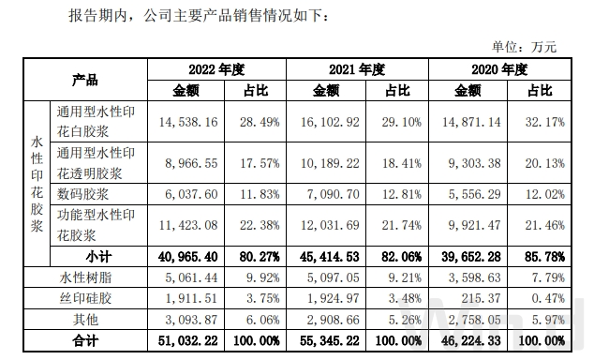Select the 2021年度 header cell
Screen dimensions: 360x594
click(357, 69)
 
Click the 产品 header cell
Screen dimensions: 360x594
click(85, 80)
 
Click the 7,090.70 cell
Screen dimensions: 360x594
click(334, 193)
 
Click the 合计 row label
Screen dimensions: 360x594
click(85, 338)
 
